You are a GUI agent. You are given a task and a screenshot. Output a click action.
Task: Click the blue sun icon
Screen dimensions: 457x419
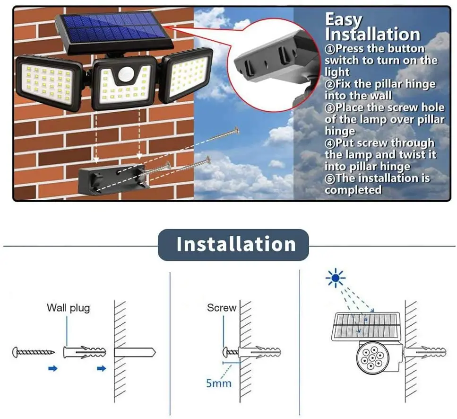pyautogui.click(x=335, y=279)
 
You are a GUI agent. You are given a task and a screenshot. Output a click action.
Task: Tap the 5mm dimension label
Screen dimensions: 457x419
pyautogui.click(x=218, y=383)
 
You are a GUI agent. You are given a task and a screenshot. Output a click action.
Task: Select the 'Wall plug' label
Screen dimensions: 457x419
pyautogui.click(x=68, y=308)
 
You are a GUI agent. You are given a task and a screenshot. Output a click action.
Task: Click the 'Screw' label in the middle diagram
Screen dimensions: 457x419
pyautogui.click(x=221, y=308)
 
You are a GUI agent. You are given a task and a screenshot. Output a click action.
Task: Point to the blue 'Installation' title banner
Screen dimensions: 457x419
pyautogui.click(x=233, y=245)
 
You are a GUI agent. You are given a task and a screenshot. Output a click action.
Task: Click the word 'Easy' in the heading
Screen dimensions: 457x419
pyautogui.click(x=344, y=20)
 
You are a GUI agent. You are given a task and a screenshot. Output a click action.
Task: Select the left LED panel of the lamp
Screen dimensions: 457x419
pyautogui.click(x=46, y=82)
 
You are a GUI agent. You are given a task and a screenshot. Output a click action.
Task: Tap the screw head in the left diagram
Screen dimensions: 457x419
pyautogui.click(x=16, y=352)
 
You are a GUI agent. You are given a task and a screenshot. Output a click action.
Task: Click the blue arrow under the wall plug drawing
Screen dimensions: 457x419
pyautogui.click(x=101, y=368)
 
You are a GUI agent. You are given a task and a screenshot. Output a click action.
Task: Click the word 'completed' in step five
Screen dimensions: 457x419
pyautogui.click(x=353, y=190)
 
